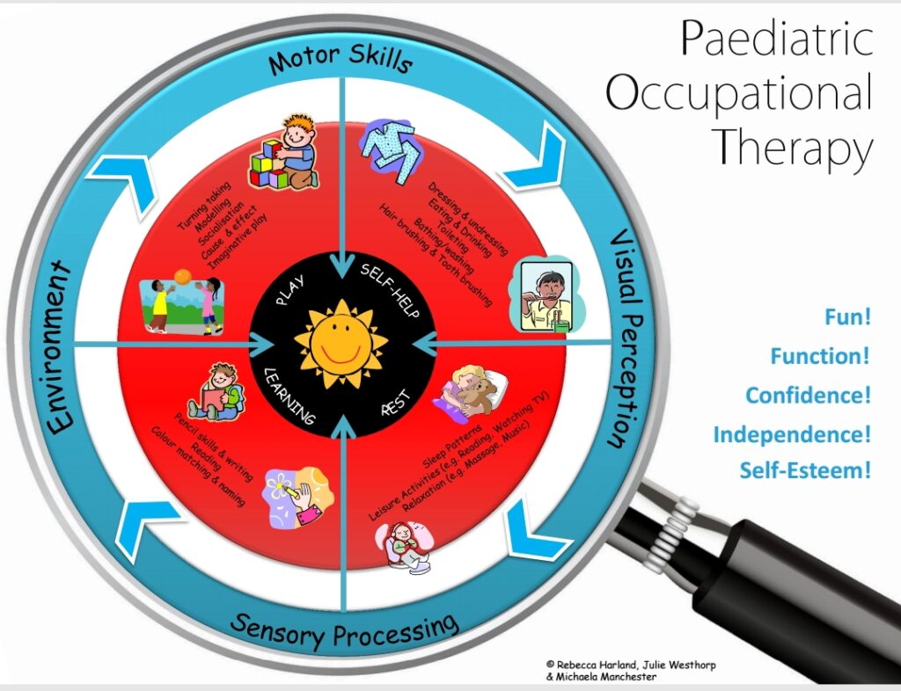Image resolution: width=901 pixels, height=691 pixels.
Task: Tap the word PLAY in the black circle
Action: [x=289, y=291]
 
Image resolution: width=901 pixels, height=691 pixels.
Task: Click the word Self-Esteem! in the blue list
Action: [x=804, y=470]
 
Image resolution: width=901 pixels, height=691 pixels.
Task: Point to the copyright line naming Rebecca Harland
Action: [x=629, y=665]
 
